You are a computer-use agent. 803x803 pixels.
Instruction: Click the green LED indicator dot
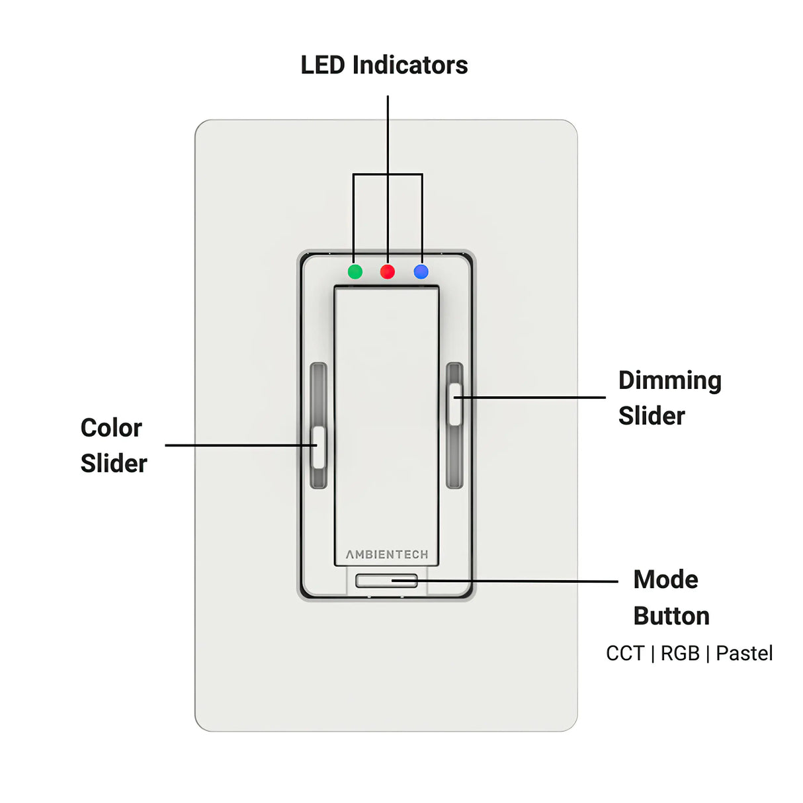pos(355,272)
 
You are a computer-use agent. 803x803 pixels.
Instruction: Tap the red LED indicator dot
pos(388,272)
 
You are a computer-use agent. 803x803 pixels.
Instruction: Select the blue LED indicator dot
pos(421,272)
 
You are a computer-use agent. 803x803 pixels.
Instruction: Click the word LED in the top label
pos(322,65)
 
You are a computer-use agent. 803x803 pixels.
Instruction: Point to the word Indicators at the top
pos(409,65)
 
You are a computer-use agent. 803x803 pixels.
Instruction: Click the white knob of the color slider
pos(319,447)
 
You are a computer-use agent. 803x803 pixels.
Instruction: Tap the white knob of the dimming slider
pos(455,404)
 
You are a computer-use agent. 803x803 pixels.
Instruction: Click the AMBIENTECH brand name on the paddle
pos(387,554)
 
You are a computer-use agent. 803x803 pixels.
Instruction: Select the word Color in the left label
pos(111,428)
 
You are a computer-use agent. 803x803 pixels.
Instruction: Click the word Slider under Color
pos(114,464)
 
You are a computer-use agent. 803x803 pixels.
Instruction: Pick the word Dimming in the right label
pos(669,382)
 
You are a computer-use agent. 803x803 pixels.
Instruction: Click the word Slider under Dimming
pos(652,416)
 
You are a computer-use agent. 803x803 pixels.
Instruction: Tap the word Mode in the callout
pos(665,579)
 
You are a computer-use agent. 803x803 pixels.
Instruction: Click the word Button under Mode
pos(671,616)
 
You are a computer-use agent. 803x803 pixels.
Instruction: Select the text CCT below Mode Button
pos(624,654)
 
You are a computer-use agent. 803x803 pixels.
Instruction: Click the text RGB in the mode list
pos(680,654)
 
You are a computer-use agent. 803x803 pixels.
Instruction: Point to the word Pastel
pos(744,654)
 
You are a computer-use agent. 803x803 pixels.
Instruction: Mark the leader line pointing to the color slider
pos(238,445)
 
